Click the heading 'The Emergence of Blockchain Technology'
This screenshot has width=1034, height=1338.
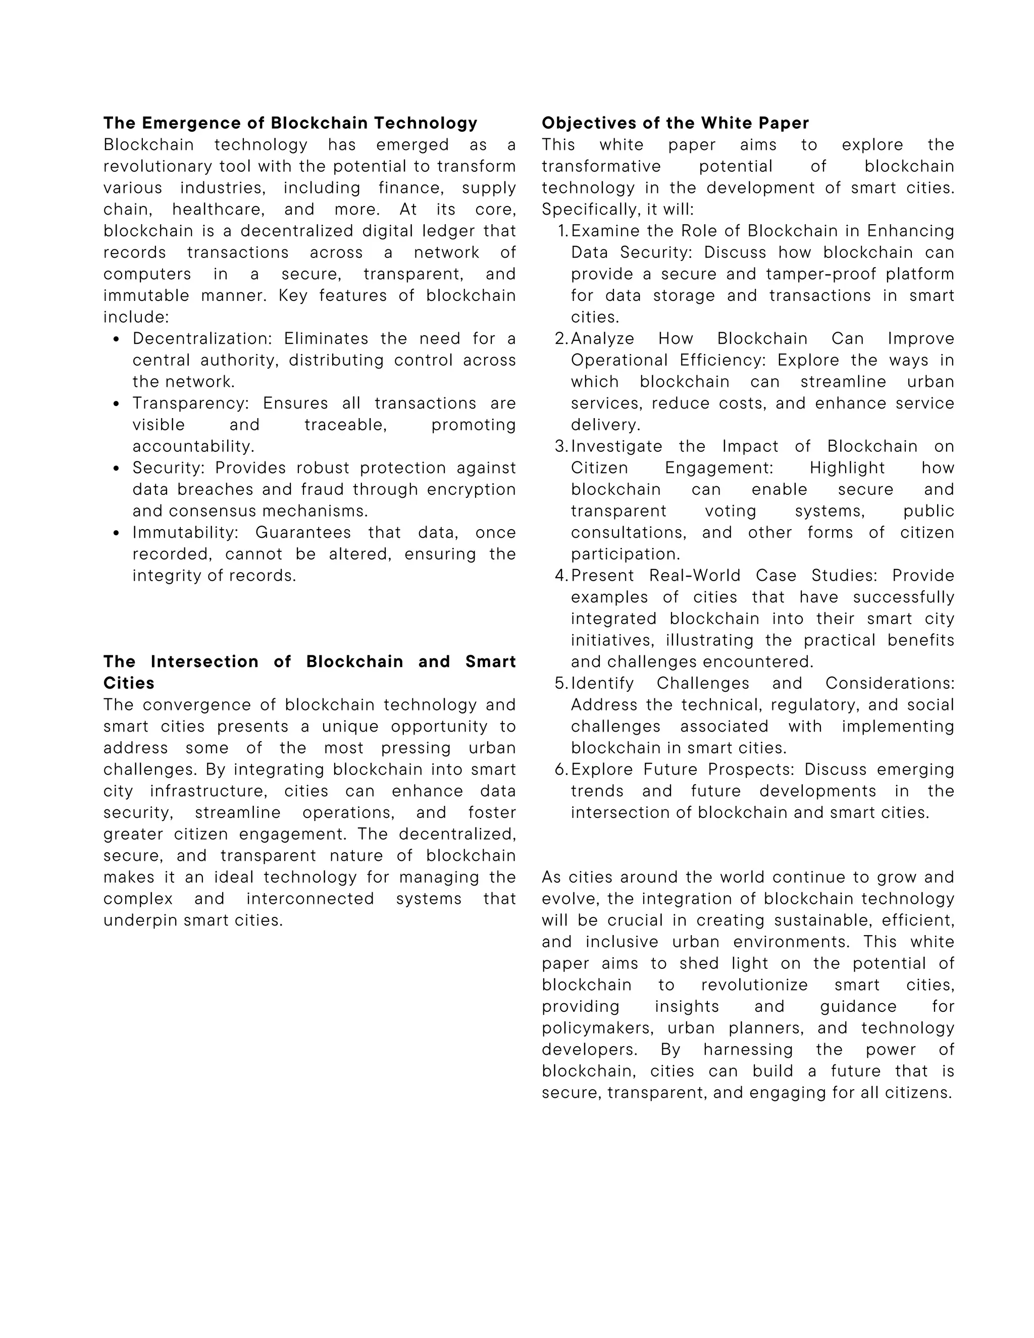point(290,123)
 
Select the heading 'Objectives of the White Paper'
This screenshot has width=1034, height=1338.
point(675,123)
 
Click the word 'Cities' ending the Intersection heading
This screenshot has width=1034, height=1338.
point(129,683)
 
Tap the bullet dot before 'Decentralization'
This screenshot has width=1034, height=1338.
point(117,339)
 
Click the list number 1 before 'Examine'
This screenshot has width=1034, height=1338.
point(562,231)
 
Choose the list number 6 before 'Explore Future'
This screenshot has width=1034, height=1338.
point(561,769)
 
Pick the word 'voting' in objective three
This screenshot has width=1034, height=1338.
point(730,511)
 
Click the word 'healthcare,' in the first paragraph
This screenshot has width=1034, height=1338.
point(218,210)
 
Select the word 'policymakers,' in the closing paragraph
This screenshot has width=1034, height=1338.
point(597,1028)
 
